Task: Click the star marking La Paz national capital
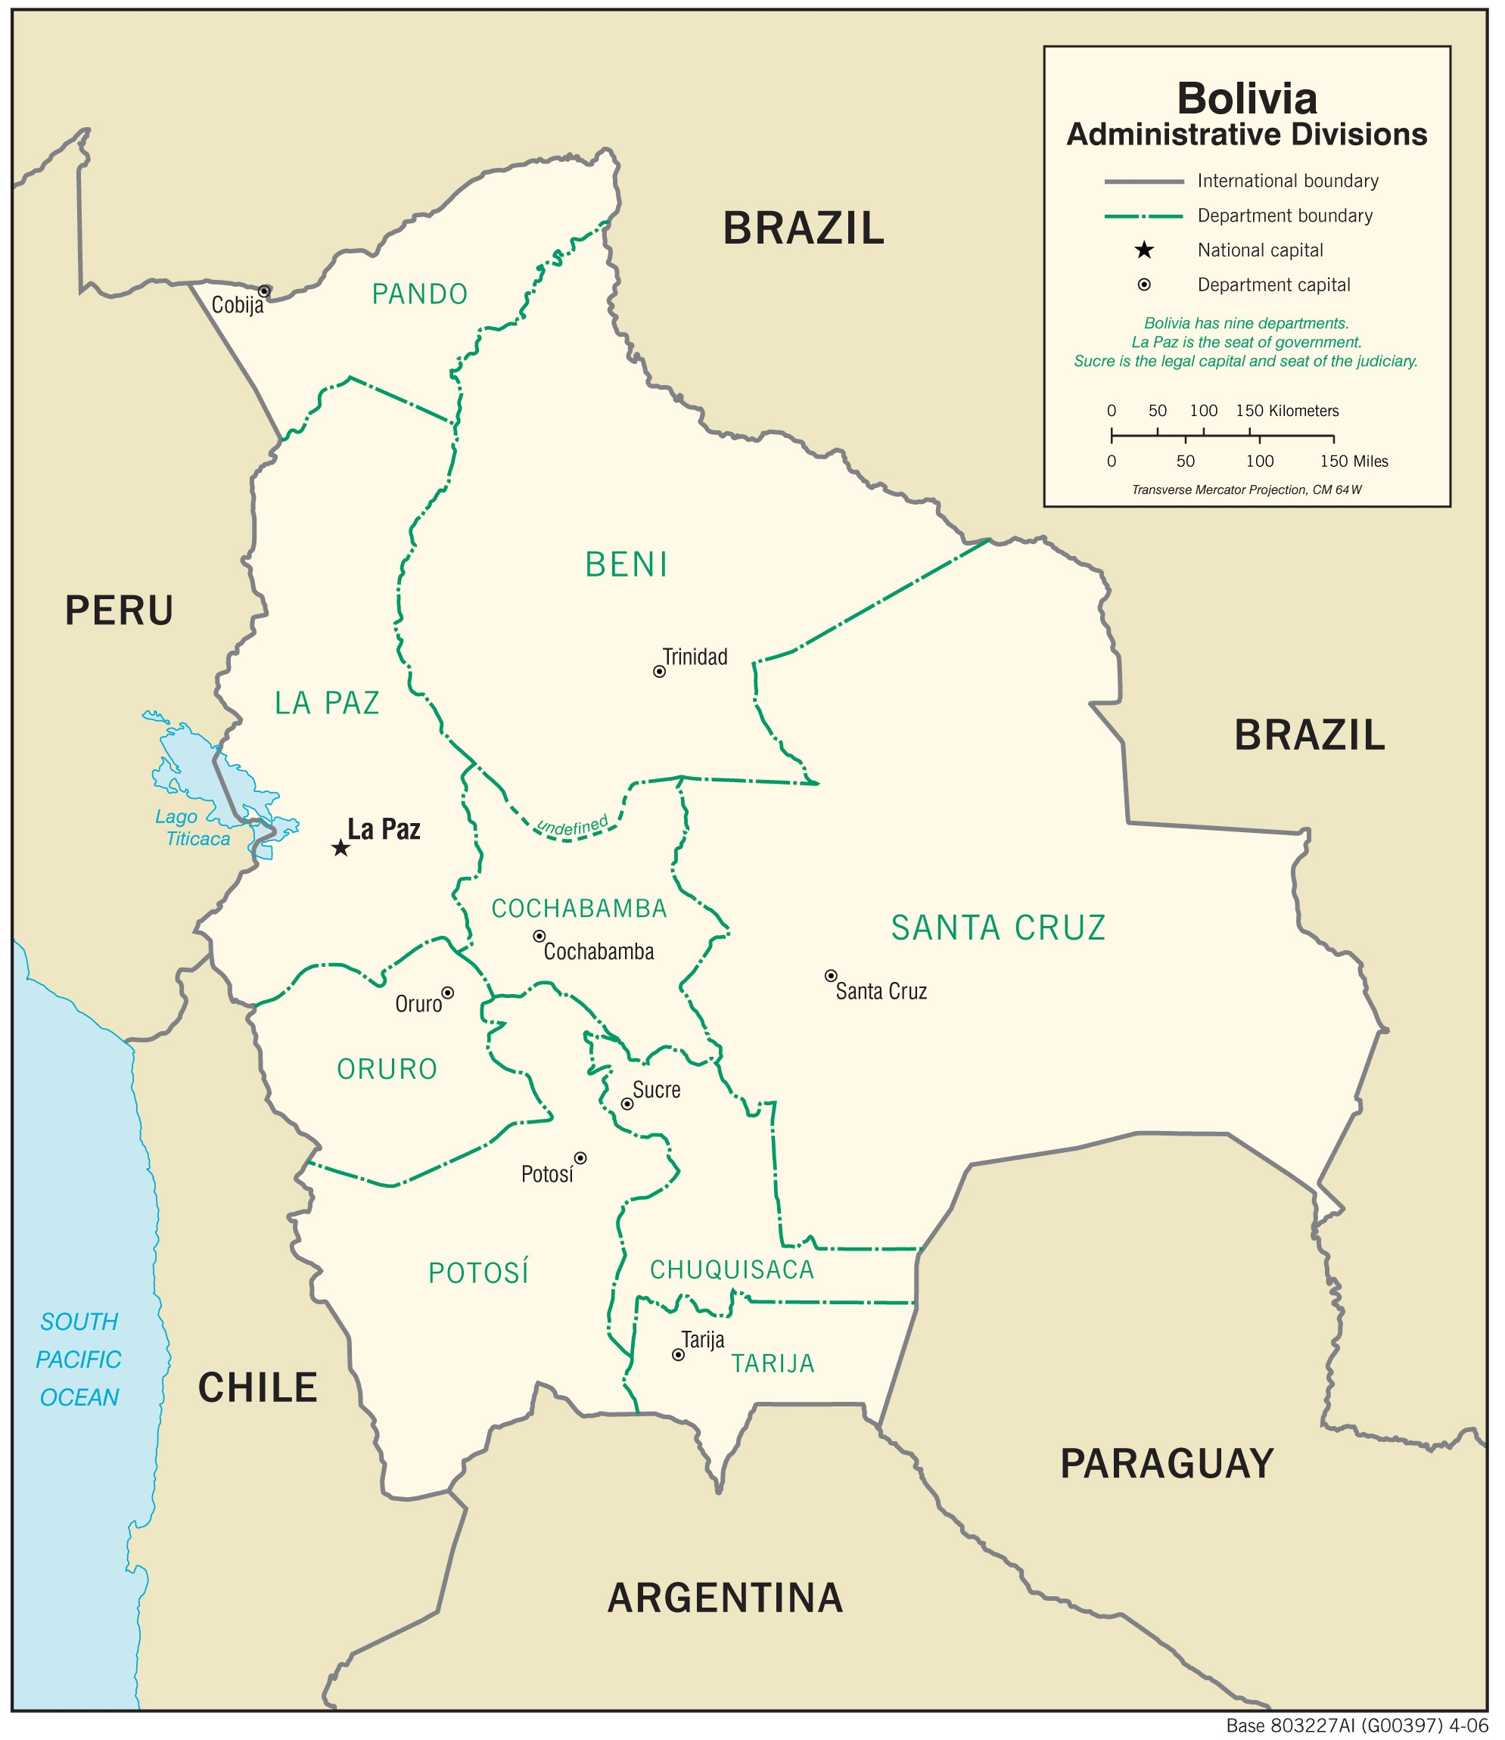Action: [340, 847]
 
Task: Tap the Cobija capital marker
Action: [264, 291]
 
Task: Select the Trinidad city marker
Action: [659, 671]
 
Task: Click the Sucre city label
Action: [656, 1090]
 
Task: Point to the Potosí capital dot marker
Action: [580, 1158]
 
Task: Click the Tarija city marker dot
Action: [679, 1354]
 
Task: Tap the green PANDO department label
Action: [419, 294]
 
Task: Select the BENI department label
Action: [627, 564]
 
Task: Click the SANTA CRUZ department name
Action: [998, 928]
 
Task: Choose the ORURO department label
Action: [387, 1069]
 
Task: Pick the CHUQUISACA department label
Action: [732, 1269]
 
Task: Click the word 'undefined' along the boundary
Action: [573, 826]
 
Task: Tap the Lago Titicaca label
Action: [191, 827]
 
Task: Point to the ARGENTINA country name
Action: [725, 1597]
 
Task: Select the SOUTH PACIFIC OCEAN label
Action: [79, 1359]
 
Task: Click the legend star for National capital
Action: [1144, 250]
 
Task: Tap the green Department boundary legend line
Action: [1143, 216]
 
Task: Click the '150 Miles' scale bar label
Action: [1354, 461]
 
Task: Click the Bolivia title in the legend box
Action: [1246, 98]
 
